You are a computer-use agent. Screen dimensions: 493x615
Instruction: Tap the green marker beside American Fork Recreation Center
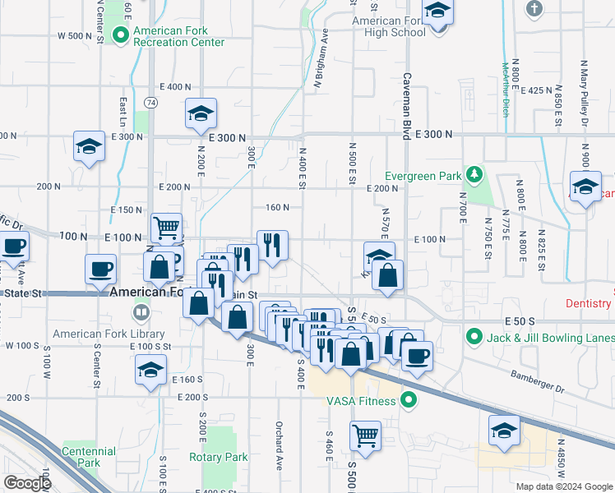pos(121,34)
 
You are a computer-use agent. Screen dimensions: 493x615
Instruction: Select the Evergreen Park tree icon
pos(474,175)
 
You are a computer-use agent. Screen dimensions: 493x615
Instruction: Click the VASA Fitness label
pos(362,401)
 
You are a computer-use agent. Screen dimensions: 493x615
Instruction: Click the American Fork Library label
pos(109,334)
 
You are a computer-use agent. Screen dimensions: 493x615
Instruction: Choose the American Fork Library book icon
pos(141,312)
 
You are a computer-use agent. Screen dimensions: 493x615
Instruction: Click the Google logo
pos(28,483)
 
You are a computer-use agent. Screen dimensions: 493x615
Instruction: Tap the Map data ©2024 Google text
pos(564,486)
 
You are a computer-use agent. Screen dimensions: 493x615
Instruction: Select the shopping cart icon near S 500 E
pos(364,435)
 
